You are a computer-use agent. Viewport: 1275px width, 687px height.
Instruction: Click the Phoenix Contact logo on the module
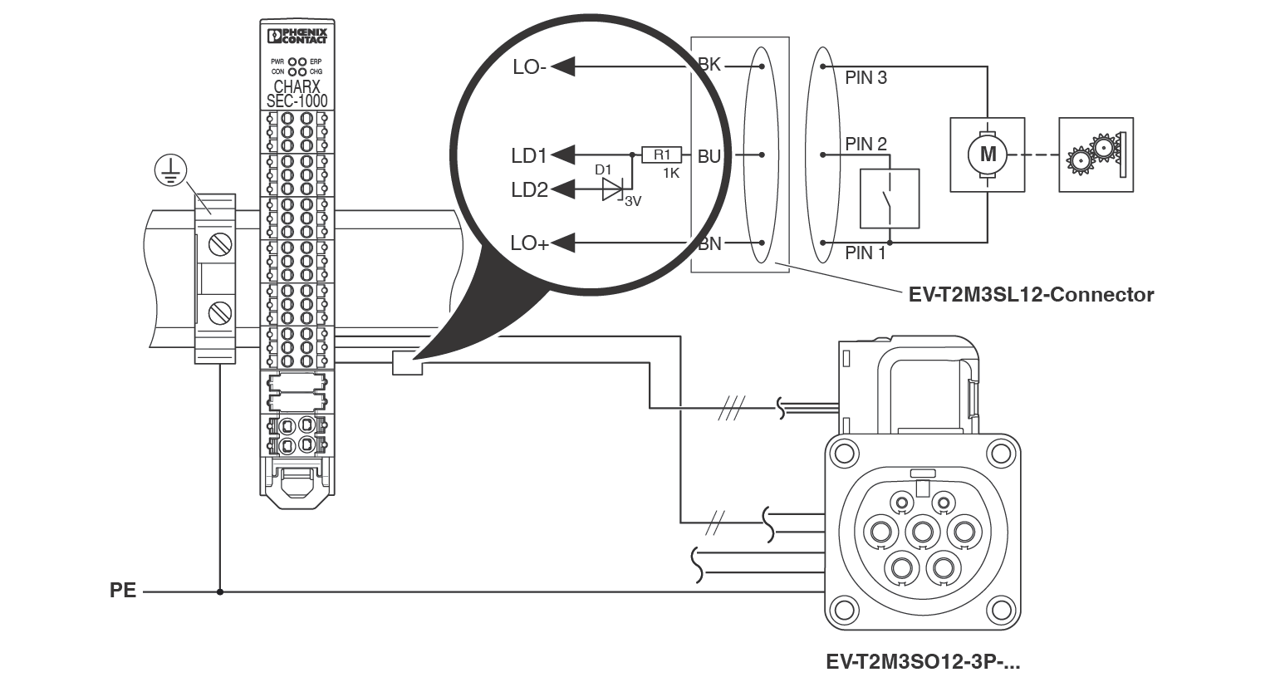297,36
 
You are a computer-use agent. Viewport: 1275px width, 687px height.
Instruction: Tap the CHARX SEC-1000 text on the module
297,94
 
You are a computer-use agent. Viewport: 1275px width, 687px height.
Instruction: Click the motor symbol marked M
988,155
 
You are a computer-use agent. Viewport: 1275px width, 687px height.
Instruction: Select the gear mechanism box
1096,155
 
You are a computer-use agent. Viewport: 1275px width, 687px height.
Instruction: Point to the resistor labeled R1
661,155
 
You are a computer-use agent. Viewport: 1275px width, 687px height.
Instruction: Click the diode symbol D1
613,189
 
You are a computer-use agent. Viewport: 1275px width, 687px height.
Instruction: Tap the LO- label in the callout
529,67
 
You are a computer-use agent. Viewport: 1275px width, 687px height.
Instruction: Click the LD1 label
529,155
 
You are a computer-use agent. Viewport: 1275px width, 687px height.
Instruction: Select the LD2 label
529,189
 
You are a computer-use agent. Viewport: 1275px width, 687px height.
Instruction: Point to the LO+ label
530,243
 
